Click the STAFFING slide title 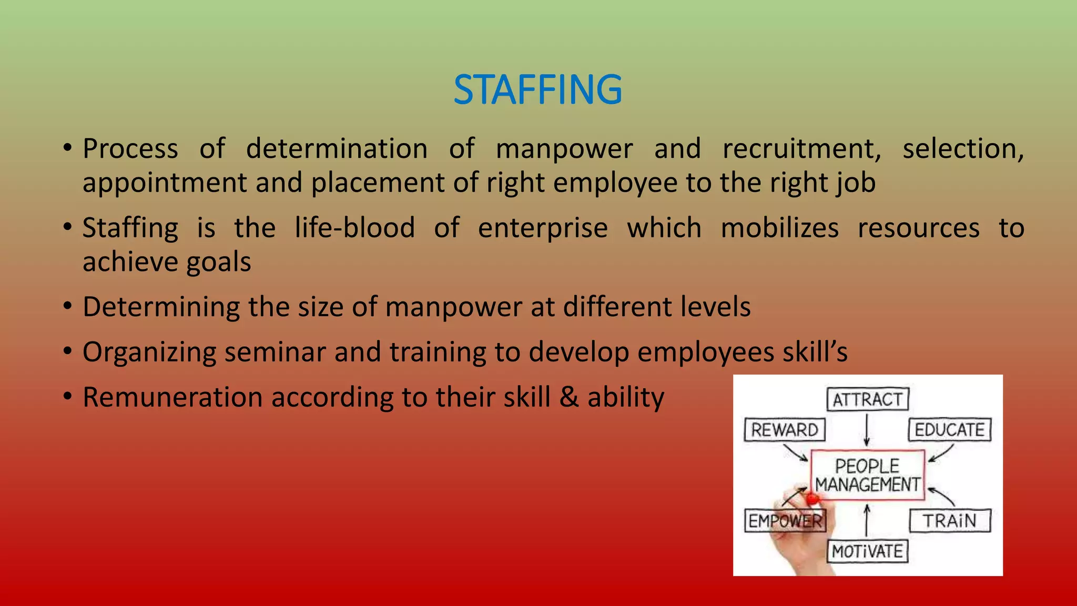pos(537,89)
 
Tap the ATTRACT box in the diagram pos(868,399)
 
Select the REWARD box pos(785,430)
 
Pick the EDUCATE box pos(950,430)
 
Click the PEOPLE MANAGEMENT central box pos(868,475)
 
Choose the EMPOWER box pos(785,521)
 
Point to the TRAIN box pos(950,521)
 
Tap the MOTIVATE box pos(868,551)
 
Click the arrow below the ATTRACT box pos(867,429)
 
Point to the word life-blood pos(354,228)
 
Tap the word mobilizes pos(779,228)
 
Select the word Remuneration pos(172,397)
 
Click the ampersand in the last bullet pos(569,397)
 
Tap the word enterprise pos(543,229)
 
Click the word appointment pos(165,184)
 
